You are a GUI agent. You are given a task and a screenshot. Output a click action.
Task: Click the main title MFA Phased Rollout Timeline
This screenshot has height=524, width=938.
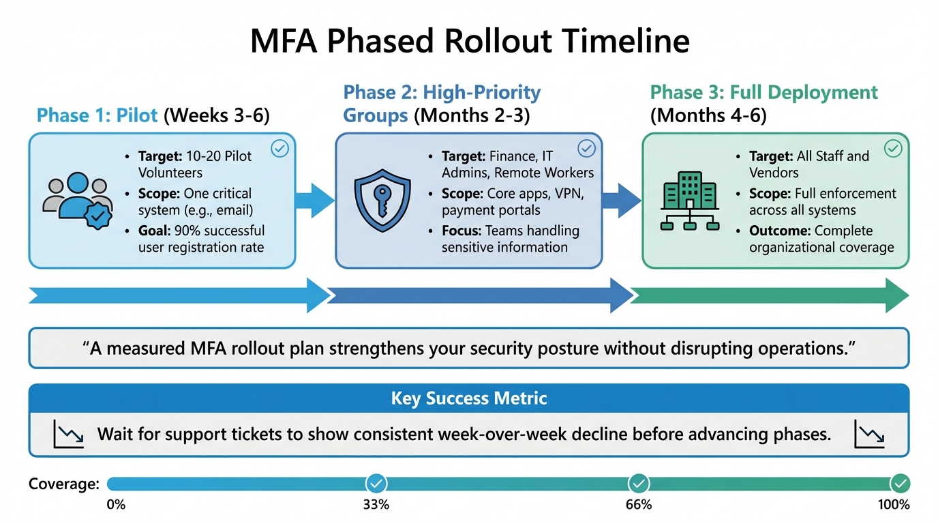pos(469,41)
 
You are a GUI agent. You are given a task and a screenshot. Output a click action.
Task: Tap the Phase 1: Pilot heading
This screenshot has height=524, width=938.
pos(99,115)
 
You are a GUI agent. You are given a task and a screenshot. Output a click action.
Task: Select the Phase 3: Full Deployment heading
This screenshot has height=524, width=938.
pos(763,92)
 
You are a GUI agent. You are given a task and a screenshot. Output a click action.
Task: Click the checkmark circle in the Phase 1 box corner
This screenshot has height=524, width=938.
pos(280,149)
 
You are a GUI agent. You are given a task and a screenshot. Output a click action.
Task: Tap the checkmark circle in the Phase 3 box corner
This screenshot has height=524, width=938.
pos(893,148)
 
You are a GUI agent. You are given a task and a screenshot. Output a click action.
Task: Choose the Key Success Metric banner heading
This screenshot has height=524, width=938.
pos(469,398)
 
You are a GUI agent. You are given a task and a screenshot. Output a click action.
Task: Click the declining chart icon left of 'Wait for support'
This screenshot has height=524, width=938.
pos(68,435)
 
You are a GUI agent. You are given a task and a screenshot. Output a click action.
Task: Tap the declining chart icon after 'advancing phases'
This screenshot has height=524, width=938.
pos(870,435)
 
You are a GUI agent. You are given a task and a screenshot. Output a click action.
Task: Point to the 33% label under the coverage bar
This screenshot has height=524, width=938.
pos(376,505)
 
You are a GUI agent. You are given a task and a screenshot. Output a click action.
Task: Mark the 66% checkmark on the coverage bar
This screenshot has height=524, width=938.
pos(639,484)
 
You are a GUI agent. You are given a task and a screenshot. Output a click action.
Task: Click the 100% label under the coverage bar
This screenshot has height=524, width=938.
pos(894,505)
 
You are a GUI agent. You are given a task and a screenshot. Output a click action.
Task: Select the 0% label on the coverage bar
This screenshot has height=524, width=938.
pos(116,505)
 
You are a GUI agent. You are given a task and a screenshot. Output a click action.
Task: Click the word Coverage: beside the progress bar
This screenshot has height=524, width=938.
pos(64,484)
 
